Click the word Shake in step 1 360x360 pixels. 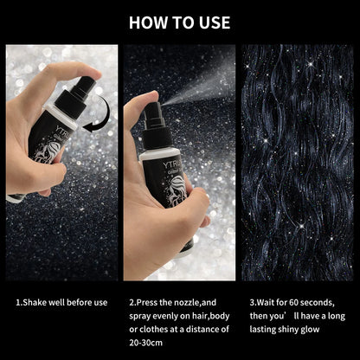[x=35, y=304]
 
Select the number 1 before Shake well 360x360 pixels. [x=18, y=304]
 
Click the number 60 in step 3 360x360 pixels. [x=293, y=304]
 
